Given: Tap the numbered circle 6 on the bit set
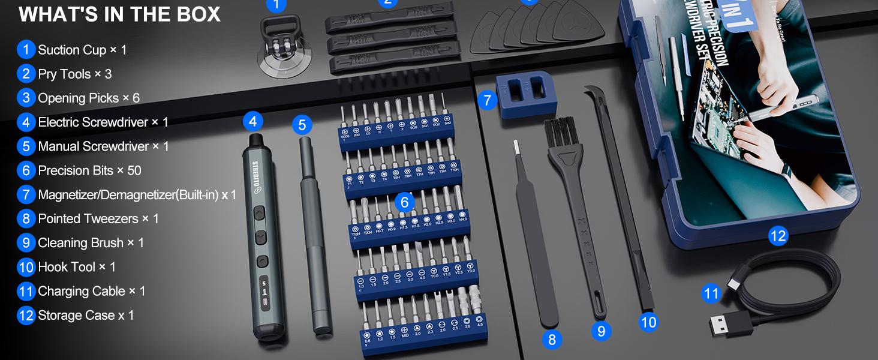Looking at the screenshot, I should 404,203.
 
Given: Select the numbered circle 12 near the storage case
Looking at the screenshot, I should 777,236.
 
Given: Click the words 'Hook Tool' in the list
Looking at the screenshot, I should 67,267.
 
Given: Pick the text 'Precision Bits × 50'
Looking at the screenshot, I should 89,170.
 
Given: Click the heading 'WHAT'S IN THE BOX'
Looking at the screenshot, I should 119,14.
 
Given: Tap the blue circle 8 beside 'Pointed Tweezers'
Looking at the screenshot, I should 26,218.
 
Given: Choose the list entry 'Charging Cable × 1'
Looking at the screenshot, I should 91,291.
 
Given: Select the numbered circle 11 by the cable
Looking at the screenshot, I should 711,293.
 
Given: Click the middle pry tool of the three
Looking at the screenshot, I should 393,43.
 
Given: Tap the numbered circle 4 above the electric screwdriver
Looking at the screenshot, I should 252,122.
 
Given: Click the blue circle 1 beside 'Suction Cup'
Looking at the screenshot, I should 26,50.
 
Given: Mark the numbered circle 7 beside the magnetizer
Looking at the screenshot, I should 487,100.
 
